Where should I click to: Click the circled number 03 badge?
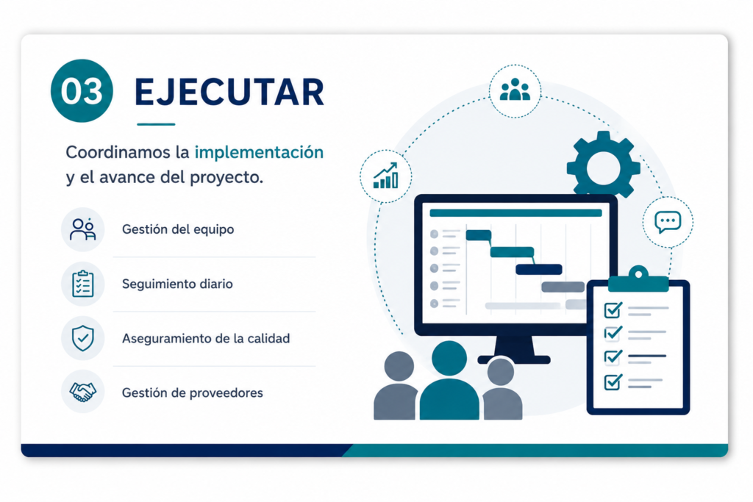[82, 90]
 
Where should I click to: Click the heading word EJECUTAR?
[229, 92]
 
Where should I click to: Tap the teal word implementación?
[259, 153]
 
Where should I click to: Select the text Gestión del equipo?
[178, 229]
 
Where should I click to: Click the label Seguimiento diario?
[177, 284]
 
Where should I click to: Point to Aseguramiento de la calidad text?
[206, 338]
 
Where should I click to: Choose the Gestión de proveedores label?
[192, 393]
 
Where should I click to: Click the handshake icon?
[82, 392]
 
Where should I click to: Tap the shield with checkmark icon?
[82, 338]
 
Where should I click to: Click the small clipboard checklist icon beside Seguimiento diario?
[82, 284]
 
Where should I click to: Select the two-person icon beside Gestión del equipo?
[82, 229]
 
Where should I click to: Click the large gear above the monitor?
[603, 165]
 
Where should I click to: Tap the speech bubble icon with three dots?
[668, 222]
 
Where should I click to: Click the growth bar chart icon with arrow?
[385, 176]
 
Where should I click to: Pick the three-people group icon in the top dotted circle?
[515, 90]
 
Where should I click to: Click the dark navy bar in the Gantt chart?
[539, 269]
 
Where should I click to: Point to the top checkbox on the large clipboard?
[613, 310]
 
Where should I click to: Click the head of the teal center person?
[449, 358]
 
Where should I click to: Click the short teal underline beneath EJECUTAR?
[156, 124]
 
